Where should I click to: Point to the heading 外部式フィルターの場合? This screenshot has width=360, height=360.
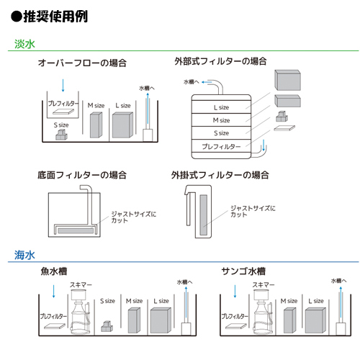pos(220,61)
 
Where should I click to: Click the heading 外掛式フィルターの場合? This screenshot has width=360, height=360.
pos(220,175)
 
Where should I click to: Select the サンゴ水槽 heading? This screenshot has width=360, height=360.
pos(244,272)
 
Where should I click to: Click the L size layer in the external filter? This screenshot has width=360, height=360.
pos(221,107)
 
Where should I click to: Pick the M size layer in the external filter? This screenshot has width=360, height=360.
pos(221,120)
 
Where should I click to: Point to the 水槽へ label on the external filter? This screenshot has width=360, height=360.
pos(193,82)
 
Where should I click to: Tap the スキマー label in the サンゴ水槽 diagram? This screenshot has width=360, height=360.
pos(261,285)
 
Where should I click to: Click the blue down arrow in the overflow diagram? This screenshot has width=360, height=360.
pos(63,84)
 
